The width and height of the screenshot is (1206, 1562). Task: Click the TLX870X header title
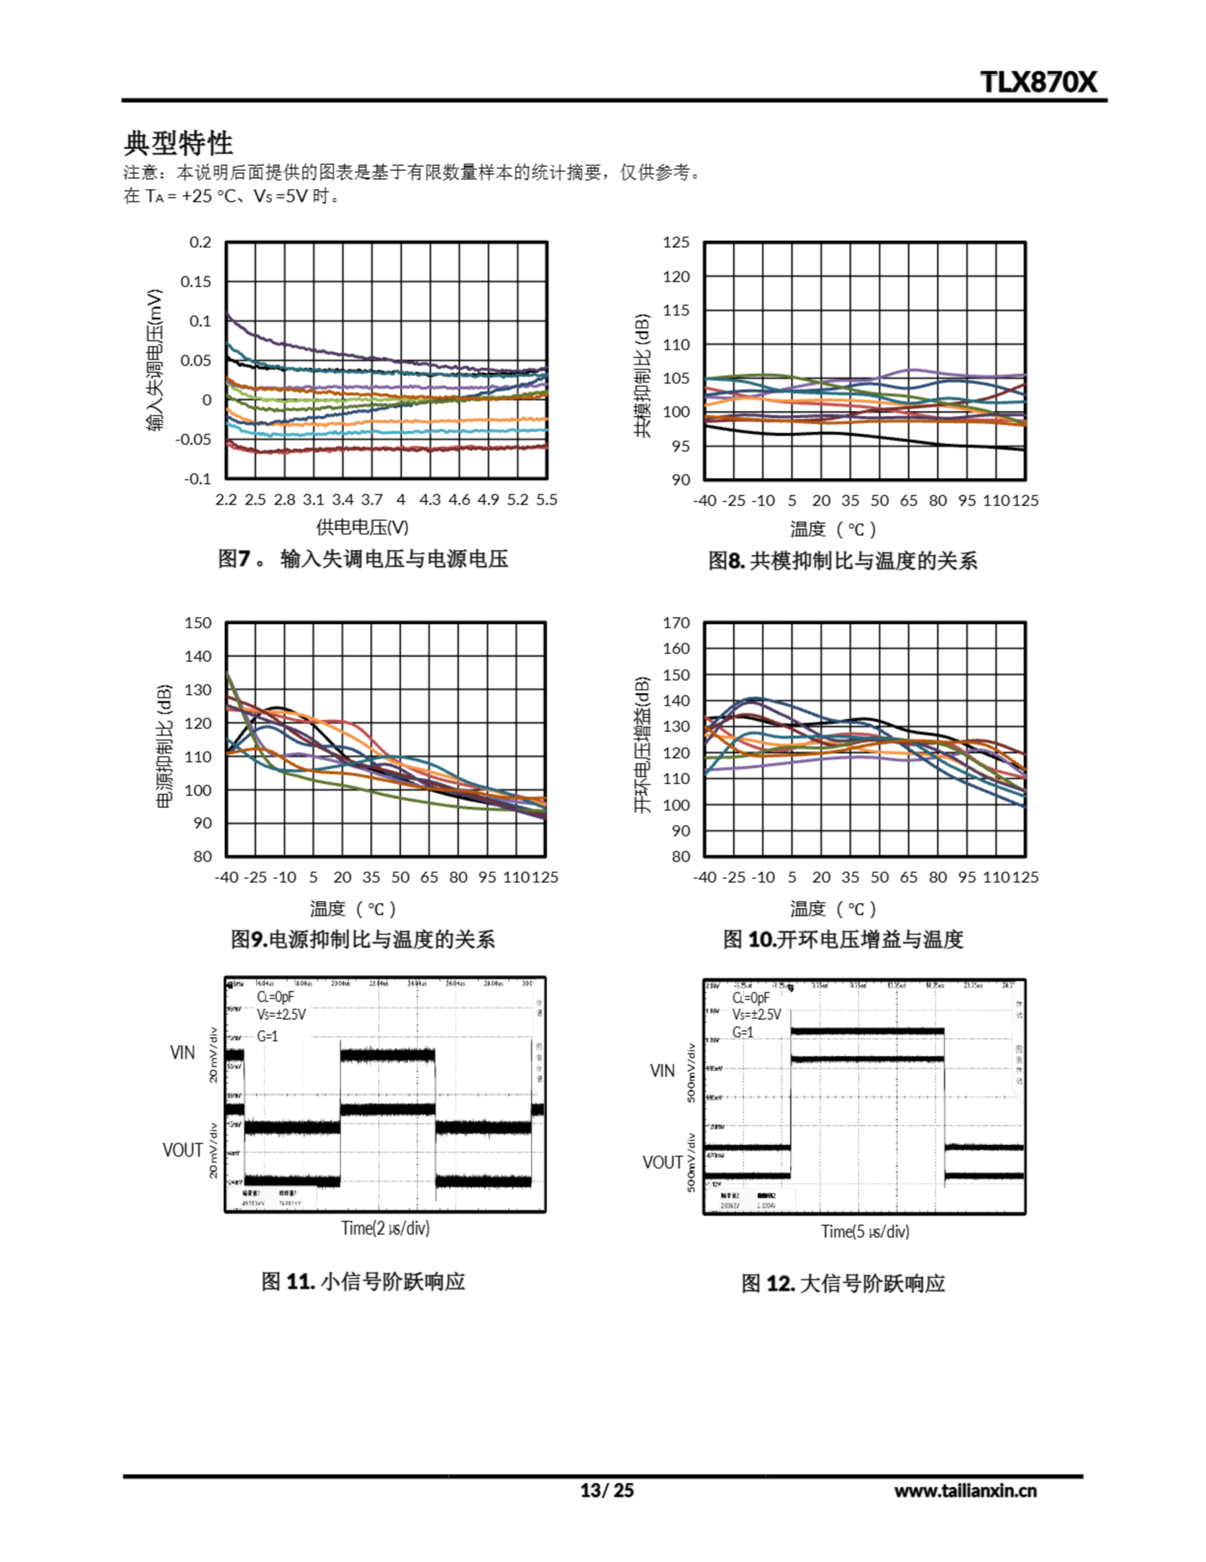[x=1037, y=82]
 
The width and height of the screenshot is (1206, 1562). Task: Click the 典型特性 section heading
[x=178, y=143]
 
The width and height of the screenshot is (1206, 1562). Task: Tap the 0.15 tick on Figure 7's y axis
[x=196, y=282]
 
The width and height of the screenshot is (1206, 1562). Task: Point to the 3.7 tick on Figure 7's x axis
[x=371, y=500]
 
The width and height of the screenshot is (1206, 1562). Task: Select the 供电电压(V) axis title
[x=362, y=528]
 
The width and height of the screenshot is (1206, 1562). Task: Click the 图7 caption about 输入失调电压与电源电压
[x=362, y=558]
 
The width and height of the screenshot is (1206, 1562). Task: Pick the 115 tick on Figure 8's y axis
[x=676, y=311]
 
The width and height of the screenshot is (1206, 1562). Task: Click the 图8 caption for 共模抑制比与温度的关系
[x=842, y=561]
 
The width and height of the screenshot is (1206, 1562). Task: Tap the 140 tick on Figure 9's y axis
[x=198, y=657]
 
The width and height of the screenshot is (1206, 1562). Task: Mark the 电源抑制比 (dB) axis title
[x=164, y=746]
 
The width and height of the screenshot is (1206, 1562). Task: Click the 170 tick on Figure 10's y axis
[x=676, y=623]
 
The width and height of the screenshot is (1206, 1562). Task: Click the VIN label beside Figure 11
[x=182, y=1052]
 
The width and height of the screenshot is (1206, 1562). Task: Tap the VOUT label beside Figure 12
[x=662, y=1162]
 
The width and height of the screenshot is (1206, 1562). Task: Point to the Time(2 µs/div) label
[x=385, y=1228]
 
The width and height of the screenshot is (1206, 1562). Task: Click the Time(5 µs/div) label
[x=865, y=1231]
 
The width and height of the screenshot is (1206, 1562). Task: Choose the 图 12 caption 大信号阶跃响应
[x=843, y=1283]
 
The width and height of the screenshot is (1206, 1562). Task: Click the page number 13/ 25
[x=606, y=1491]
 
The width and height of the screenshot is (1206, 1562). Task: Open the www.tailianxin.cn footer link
[x=965, y=1491]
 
